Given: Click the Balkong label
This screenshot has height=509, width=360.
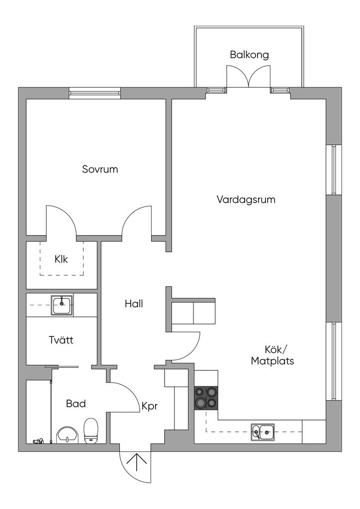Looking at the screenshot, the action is click(x=249, y=55).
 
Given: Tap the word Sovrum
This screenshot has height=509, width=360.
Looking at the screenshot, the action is click(x=100, y=169).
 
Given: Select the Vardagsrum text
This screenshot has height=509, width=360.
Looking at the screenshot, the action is click(x=246, y=199).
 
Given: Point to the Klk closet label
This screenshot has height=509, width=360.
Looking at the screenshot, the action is click(x=61, y=259).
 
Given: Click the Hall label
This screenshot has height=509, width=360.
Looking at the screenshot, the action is click(x=134, y=304).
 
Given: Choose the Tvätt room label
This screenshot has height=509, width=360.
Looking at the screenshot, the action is click(x=61, y=339).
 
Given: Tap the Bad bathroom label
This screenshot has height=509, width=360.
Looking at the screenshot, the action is click(x=76, y=404).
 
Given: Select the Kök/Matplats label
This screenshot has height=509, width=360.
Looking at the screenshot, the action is click(x=272, y=355).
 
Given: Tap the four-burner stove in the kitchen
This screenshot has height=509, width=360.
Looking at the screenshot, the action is click(x=206, y=398).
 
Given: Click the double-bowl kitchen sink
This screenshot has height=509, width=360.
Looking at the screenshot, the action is click(x=262, y=432).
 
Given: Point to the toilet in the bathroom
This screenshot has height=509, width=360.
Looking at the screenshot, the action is click(x=91, y=431).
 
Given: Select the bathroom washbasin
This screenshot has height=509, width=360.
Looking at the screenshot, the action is click(x=67, y=435).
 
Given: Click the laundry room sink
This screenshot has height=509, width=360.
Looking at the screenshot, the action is click(x=62, y=305).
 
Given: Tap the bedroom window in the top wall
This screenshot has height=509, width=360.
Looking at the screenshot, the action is click(x=94, y=93).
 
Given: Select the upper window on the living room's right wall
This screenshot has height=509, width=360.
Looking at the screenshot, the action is click(x=334, y=170).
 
